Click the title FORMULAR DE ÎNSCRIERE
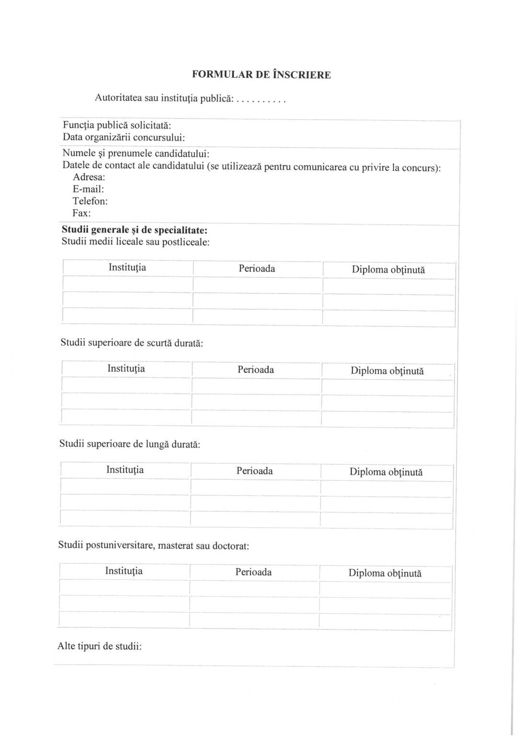click(261, 75)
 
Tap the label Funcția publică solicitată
click(117, 125)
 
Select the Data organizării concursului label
click(124, 137)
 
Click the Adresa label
click(89, 177)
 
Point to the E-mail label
click(88, 189)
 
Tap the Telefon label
click(90, 201)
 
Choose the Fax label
click(82, 213)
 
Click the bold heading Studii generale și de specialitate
click(134, 230)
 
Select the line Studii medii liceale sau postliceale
click(135, 241)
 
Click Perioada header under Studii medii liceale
click(257, 269)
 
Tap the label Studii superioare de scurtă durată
click(131, 343)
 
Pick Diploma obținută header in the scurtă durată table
click(387, 371)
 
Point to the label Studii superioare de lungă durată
click(130, 444)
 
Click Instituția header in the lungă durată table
click(125, 470)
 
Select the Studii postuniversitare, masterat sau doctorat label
click(154, 546)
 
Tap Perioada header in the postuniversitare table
click(253, 572)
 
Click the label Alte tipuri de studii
click(99, 646)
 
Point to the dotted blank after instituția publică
click(262, 101)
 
